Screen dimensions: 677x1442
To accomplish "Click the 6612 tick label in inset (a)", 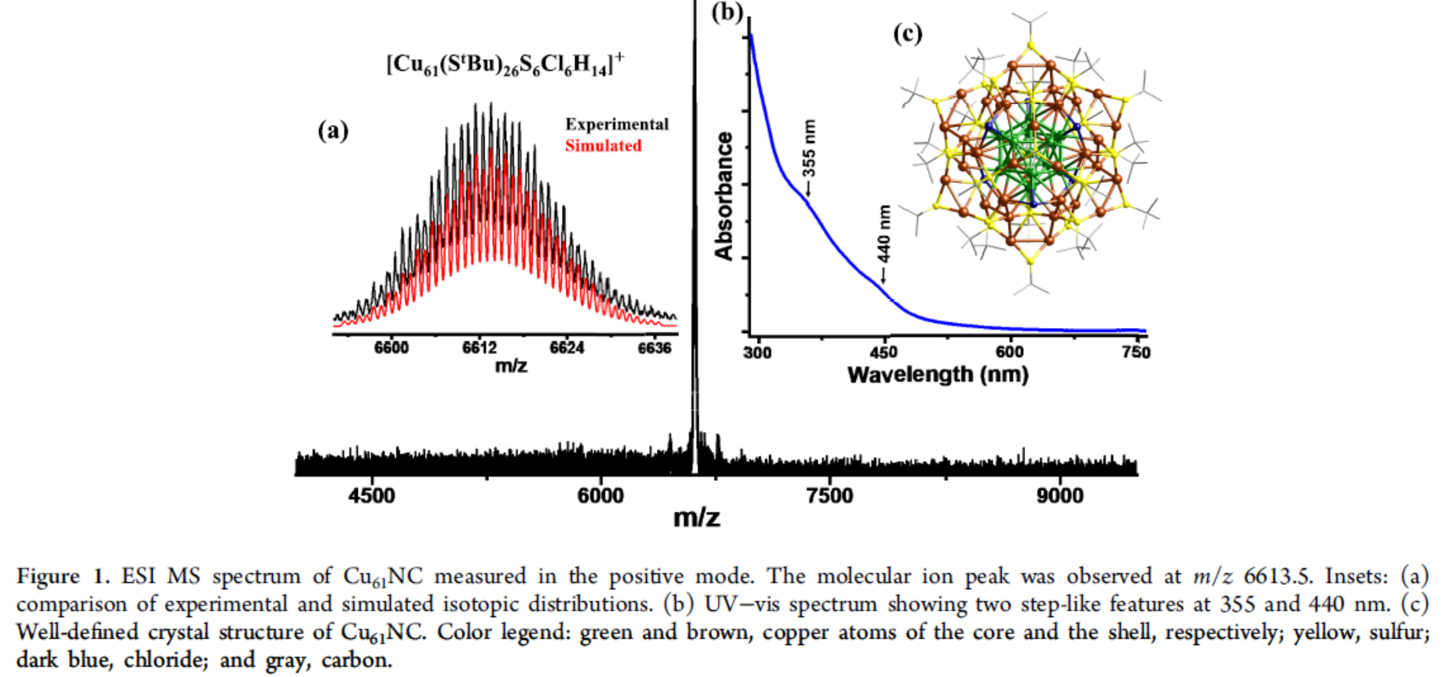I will click(480, 347).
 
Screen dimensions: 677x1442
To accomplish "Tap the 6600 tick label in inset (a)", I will click(391, 347).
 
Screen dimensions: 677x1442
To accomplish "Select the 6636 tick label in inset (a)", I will click(655, 347).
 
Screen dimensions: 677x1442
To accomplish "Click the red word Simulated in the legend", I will click(603, 145).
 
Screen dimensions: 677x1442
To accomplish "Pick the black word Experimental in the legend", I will click(617, 124).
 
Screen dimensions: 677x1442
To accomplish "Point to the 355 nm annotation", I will click(809, 149).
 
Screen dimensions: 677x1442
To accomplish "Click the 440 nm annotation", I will click(884, 234).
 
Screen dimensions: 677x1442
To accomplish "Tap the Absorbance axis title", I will click(724, 196).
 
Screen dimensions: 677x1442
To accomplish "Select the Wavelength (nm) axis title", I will click(938, 374).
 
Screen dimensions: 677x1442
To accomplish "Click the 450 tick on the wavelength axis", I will click(884, 352).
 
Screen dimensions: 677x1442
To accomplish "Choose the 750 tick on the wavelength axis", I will click(1135, 352).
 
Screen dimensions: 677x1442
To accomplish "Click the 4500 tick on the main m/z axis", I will click(372, 495).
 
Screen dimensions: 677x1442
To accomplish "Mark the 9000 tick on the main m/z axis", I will click(1060, 495).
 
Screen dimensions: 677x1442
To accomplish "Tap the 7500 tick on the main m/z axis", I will click(830, 495).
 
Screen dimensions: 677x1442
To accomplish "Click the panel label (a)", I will click(333, 130).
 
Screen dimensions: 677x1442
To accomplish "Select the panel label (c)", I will click(907, 34).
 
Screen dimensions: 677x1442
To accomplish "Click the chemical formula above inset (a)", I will click(505, 64).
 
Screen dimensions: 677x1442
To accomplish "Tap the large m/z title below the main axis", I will click(696, 517).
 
